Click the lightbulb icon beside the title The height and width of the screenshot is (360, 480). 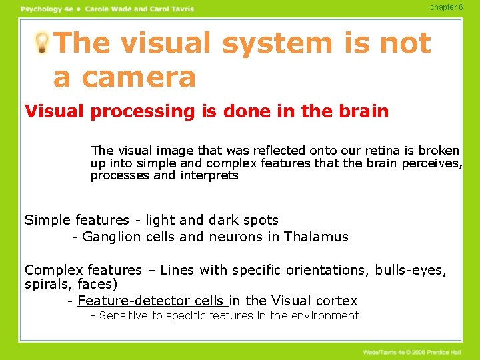[42, 43]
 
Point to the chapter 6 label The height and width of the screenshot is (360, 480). [446, 7]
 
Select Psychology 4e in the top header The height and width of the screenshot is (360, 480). [47, 9]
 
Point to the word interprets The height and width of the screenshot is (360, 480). [209, 176]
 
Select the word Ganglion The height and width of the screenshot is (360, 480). [111, 237]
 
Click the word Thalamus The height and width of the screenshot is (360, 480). [316, 237]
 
